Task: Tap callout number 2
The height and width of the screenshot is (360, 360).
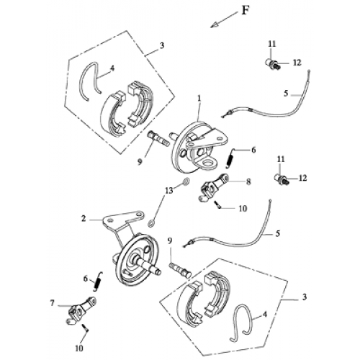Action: [x=84, y=217]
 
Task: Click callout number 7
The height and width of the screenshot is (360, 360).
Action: [x=53, y=304]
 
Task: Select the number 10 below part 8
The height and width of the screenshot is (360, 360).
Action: [x=243, y=207]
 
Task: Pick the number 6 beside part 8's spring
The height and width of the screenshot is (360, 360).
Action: [x=253, y=150]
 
